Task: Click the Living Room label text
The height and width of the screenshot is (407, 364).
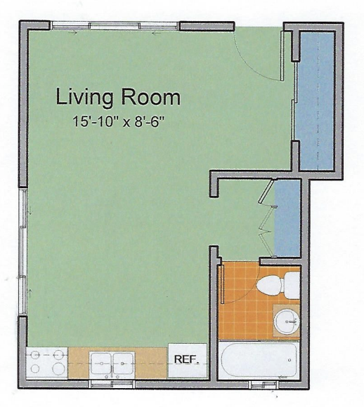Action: tap(118, 97)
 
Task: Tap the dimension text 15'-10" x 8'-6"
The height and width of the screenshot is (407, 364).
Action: tap(119, 121)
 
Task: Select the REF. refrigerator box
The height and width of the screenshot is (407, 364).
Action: tap(188, 361)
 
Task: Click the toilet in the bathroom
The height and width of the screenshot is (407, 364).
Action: tap(278, 286)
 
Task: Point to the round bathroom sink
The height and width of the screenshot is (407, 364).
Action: tap(286, 321)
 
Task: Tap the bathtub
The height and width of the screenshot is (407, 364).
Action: tap(259, 360)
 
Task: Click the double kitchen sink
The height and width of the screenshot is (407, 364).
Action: tap(112, 363)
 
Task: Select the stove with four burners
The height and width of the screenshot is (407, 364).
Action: tap(47, 363)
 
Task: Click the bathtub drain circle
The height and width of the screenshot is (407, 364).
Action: tap(290, 360)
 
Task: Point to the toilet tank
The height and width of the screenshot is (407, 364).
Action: tap(292, 286)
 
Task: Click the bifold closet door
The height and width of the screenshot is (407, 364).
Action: tap(266, 218)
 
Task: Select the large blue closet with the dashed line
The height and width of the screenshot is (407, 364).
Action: tap(316, 100)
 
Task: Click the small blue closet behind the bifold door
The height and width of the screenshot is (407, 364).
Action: tap(287, 218)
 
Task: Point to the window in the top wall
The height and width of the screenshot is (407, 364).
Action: tap(115, 26)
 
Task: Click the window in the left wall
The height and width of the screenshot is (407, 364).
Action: tap(23, 252)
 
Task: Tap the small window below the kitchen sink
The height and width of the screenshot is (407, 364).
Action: tap(112, 384)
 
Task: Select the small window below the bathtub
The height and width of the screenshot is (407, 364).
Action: tap(264, 385)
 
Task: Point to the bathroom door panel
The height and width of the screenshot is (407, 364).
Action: tap(222, 284)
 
